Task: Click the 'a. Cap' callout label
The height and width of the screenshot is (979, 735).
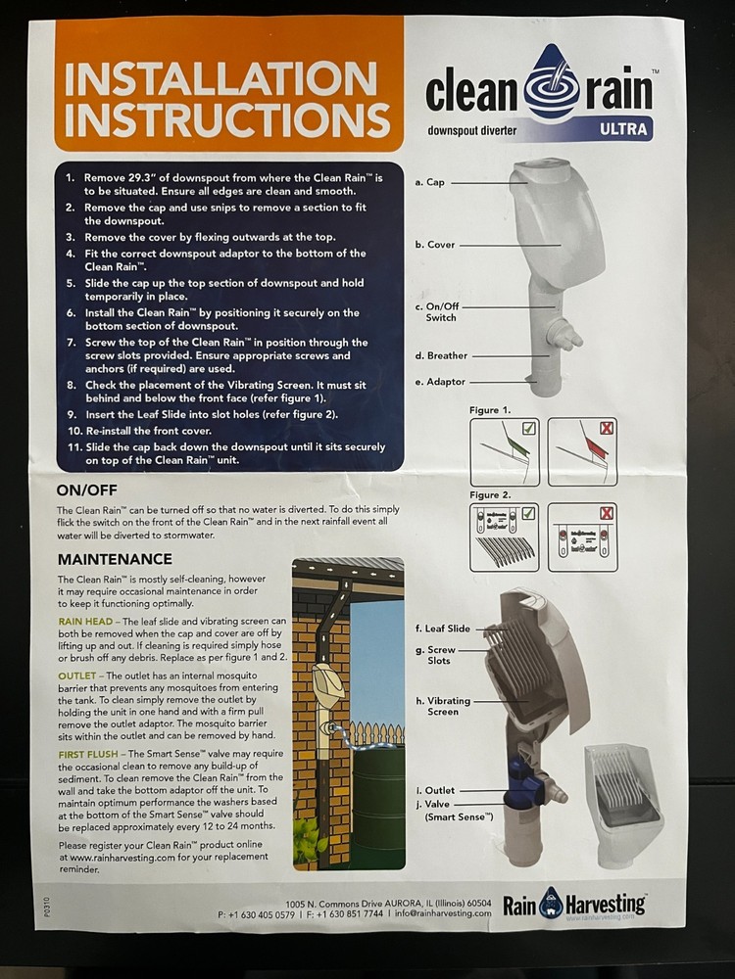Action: click(x=429, y=182)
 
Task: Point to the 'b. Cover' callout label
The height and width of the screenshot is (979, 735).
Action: click(x=435, y=245)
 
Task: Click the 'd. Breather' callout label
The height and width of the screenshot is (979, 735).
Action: click(x=441, y=355)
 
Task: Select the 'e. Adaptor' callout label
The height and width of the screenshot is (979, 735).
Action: click(x=440, y=382)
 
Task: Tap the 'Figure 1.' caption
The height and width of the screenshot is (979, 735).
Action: click(x=491, y=409)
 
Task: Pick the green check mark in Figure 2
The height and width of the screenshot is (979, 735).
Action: click(x=529, y=513)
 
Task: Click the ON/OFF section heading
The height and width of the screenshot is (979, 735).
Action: click(x=88, y=489)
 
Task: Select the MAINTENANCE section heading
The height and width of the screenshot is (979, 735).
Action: click(x=115, y=559)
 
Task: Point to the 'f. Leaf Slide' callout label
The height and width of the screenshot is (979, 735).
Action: click(x=443, y=629)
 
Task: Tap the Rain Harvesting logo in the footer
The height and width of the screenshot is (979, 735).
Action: click(x=575, y=903)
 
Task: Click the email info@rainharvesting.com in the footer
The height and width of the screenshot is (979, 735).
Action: click(x=442, y=913)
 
